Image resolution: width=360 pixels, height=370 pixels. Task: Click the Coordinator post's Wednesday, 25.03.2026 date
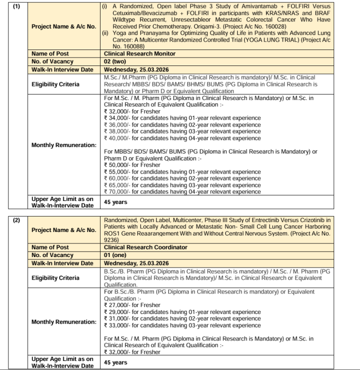click(x=136, y=263)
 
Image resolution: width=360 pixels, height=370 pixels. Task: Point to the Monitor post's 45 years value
click(x=115, y=202)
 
